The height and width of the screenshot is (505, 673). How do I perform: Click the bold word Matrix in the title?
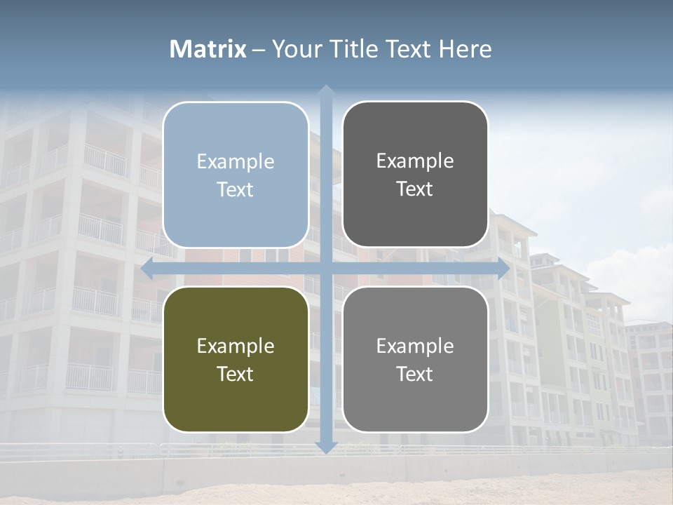(208, 49)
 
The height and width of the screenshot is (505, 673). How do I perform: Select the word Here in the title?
(465, 49)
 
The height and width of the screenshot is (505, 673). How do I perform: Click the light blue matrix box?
(236, 175)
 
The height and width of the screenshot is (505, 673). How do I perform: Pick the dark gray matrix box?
(415, 175)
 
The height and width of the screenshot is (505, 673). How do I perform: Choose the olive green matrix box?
(236, 359)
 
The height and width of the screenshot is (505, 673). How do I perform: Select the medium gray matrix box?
(415, 359)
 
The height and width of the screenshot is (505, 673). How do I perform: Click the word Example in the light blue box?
(236, 161)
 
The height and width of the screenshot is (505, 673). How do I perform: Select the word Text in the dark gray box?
(415, 189)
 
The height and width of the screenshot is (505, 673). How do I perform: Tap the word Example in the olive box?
(236, 346)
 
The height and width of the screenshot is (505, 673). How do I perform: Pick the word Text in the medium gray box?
(415, 374)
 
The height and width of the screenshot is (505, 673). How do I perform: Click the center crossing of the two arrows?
(325, 268)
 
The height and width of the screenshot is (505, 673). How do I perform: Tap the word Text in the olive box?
(236, 374)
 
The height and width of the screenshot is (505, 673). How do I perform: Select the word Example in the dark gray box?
(415, 161)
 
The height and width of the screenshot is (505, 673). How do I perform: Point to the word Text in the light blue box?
(236, 189)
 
